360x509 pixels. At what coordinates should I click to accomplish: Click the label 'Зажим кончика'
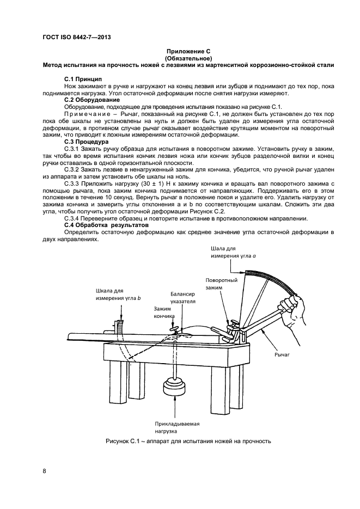164,312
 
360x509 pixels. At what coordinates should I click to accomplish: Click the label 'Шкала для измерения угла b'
118,295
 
